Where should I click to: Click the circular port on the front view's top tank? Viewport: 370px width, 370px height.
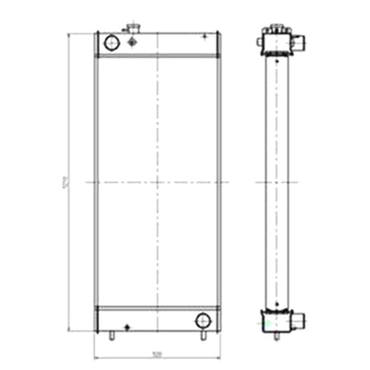112,42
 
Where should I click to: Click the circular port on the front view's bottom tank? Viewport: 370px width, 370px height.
203,320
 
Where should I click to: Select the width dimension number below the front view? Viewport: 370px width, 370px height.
156,352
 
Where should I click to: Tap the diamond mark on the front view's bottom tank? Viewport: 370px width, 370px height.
127,325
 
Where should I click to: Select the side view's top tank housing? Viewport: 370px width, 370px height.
276,44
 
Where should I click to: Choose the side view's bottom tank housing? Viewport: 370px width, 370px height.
276,320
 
